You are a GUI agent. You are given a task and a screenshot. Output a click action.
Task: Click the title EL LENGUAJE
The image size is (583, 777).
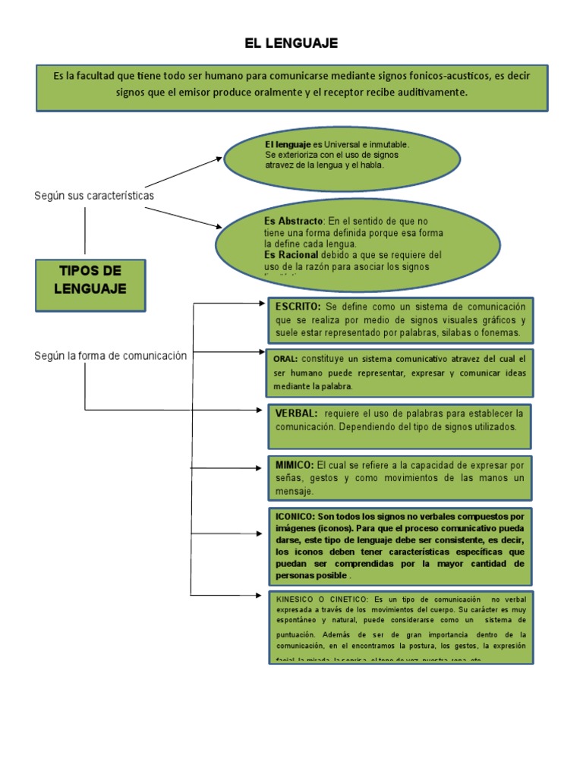click(291, 42)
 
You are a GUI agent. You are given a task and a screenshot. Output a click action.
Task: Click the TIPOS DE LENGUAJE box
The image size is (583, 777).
click(91, 279)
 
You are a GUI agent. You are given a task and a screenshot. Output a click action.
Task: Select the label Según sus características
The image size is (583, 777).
click(94, 196)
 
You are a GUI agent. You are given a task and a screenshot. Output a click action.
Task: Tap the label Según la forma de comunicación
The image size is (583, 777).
click(110, 355)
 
